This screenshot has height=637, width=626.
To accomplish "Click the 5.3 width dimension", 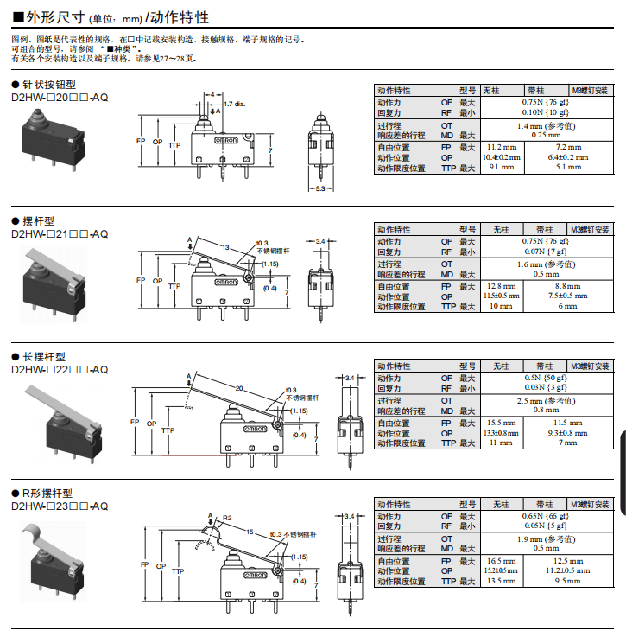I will (320, 188).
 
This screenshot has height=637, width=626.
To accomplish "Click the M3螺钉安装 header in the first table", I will (591, 90).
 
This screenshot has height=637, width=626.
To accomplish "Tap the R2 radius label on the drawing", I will (226, 518).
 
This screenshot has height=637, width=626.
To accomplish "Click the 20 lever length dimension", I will (239, 388).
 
